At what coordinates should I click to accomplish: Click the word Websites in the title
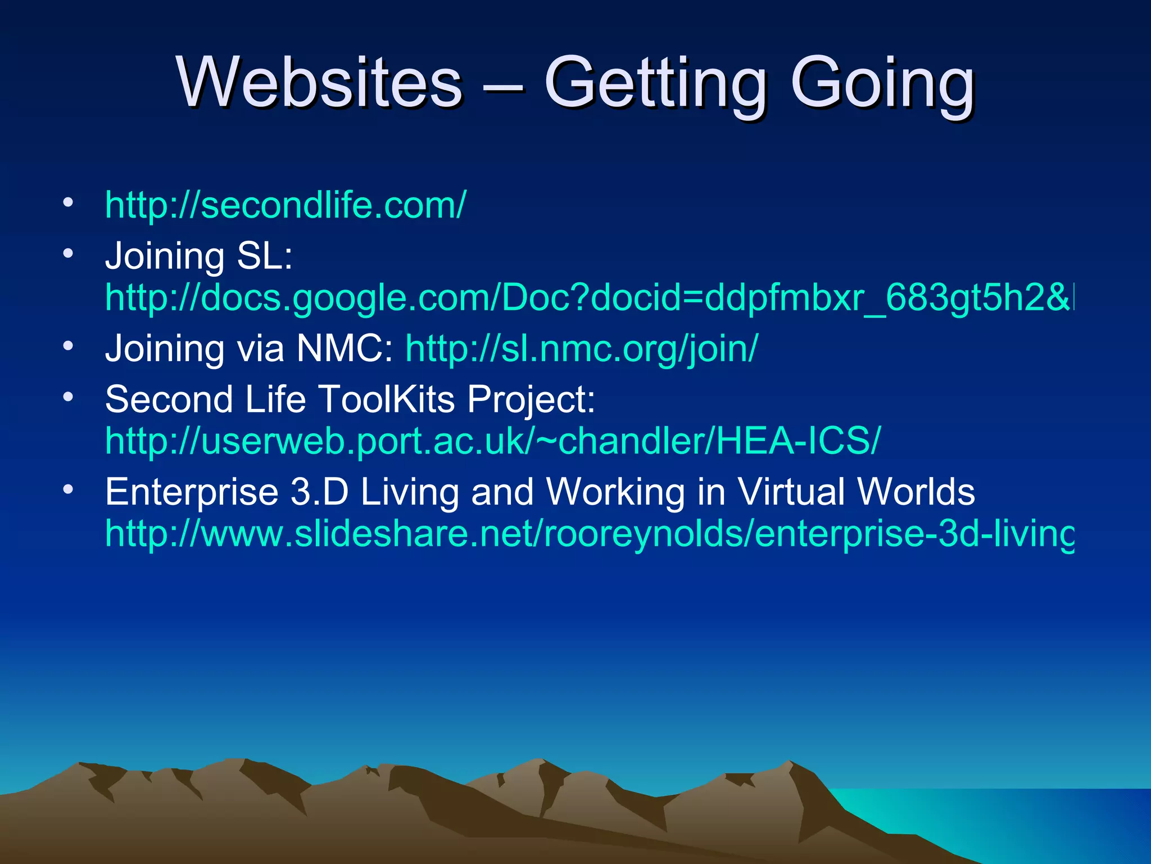319,83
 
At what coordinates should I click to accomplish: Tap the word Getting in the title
655,84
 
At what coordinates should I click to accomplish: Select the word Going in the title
882,84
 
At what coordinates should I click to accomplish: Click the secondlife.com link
286,205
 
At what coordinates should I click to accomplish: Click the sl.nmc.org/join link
582,349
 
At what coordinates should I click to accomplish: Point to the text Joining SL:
199,256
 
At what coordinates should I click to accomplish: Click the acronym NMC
345,349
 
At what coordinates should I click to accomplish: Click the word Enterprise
192,492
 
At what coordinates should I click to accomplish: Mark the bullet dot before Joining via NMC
68,346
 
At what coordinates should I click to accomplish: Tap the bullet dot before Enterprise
68,490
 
